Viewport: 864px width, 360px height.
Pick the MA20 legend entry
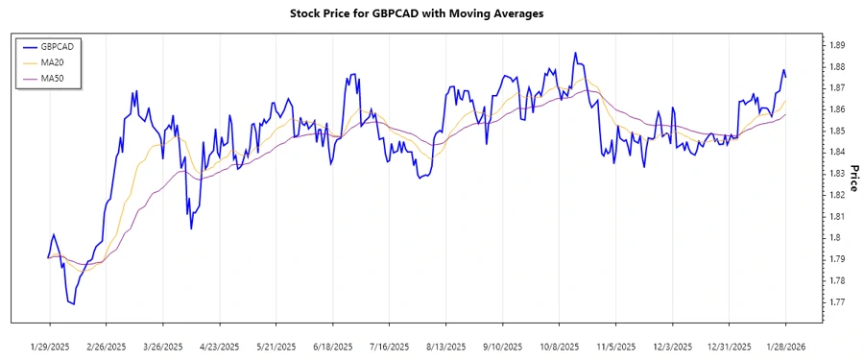52,62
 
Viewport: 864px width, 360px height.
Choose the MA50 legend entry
52,79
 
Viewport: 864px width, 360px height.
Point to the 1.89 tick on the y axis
836,45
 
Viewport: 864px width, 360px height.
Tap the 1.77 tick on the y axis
836,301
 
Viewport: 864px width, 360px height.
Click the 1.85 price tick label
836,131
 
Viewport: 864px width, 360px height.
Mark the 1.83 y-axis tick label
836,174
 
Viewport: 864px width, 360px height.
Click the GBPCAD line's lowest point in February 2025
73,304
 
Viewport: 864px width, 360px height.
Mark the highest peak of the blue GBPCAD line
575,53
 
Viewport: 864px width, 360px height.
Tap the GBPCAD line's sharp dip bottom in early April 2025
191,228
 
